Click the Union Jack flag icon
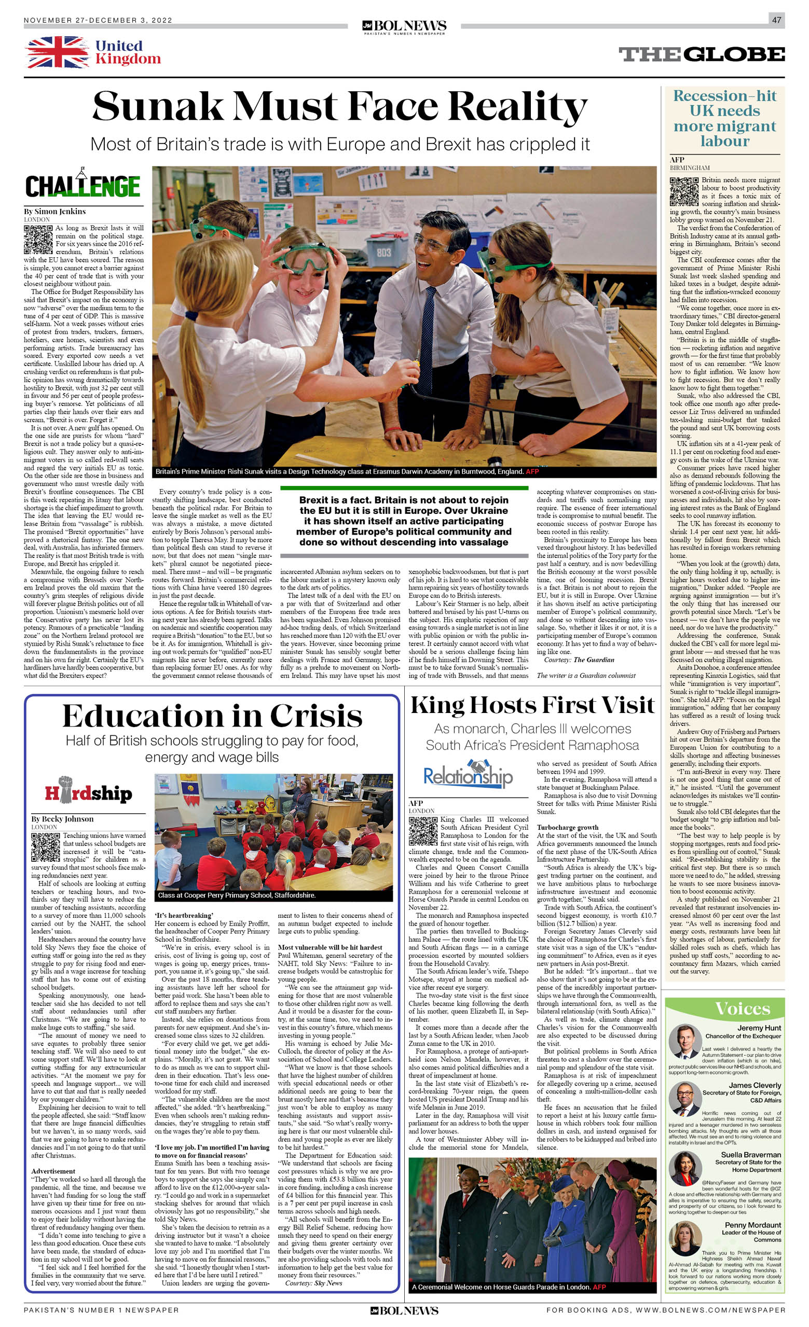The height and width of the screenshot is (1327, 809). click(x=57, y=52)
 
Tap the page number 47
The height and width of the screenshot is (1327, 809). click(x=776, y=20)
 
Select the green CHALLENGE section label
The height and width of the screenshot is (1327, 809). click(x=83, y=186)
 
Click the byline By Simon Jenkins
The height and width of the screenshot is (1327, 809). click(x=54, y=211)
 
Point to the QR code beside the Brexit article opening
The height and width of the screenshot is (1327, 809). click(x=38, y=239)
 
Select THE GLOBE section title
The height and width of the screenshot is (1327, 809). click(x=701, y=54)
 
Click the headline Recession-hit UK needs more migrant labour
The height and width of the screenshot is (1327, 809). click(x=724, y=118)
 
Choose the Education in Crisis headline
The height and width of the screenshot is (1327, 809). click(x=212, y=716)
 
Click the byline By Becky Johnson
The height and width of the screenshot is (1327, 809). click(x=62, y=819)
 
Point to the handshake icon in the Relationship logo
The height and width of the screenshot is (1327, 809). click(x=477, y=766)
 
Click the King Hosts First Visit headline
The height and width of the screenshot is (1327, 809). click(x=532, y=705)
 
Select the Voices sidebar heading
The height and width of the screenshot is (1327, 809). click(x=742, y=1009)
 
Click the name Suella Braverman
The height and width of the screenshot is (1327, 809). click(x=751, y=1155)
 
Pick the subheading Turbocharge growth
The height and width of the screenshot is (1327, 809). click(x=568, y=827)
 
